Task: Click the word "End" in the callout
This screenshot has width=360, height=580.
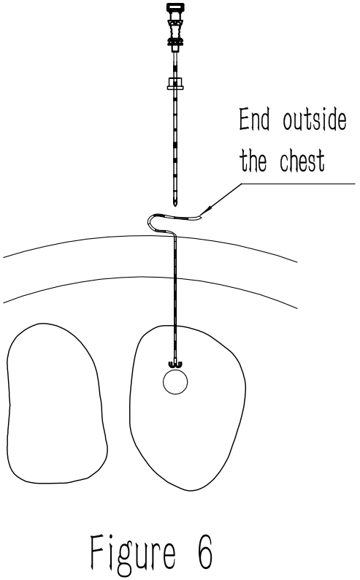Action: (x=254, y=119)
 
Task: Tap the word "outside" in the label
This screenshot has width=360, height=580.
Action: (x=315, y=119)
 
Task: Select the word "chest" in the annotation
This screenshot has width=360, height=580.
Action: (x=302, y=161)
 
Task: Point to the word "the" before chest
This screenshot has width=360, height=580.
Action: (x=253, y=161)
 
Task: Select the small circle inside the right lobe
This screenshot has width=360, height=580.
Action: (x=175, y=382)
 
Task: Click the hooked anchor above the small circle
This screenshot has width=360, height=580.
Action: (x=175, y=365)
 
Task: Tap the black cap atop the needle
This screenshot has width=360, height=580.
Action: (x=175, y=7)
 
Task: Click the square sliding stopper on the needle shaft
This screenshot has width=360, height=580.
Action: (x=175, y=83)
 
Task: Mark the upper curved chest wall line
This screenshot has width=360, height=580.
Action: (x=150, y=237)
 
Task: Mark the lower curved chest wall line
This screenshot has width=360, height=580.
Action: (x=150, y=277)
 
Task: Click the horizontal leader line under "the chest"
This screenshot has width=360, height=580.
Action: (x=298, y=184)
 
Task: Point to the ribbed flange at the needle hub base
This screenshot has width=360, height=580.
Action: (x=175, y=41)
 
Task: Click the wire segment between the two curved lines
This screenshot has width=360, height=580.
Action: (x=175, y=258)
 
